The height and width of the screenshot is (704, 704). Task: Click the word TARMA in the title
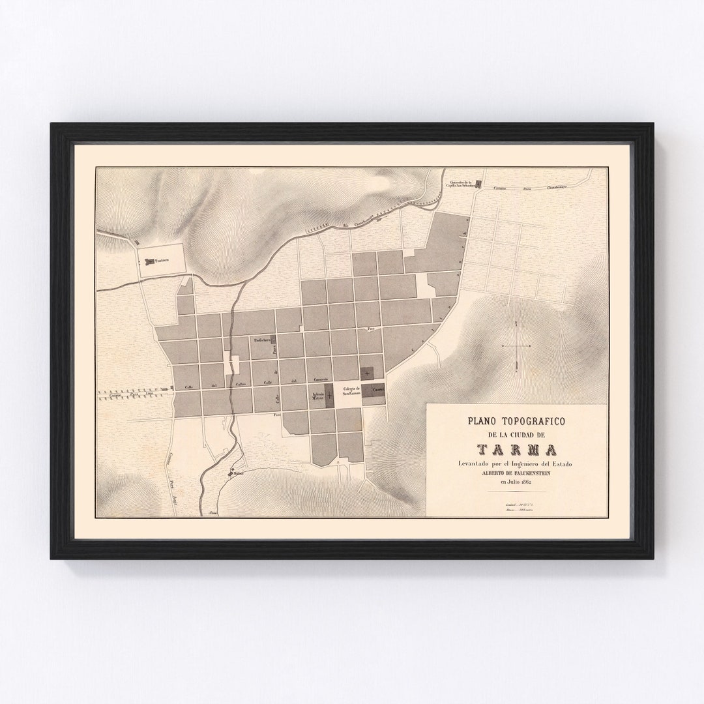516,450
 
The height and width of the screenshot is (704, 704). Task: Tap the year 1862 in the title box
526,482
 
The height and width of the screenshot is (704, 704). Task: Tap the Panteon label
161,261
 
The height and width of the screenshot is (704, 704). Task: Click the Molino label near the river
237,474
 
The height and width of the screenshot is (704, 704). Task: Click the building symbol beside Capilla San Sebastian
479,184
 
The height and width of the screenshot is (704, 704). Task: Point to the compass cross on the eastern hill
517,345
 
